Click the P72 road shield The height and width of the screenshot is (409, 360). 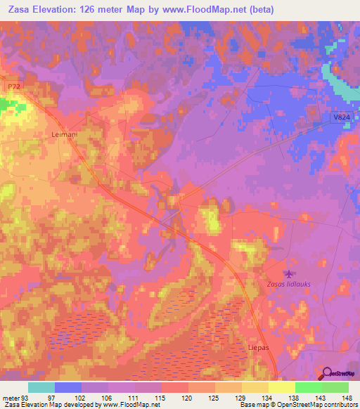11,86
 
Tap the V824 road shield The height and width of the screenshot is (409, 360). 340,120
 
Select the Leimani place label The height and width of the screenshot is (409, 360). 65,132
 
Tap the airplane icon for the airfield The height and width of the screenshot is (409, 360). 288,273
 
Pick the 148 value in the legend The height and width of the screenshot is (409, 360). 348,398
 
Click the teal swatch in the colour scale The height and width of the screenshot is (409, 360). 41,387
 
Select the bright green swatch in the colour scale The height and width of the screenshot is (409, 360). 308,387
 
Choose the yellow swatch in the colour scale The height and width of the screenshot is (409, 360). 281,387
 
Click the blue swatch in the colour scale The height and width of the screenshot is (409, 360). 68,387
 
